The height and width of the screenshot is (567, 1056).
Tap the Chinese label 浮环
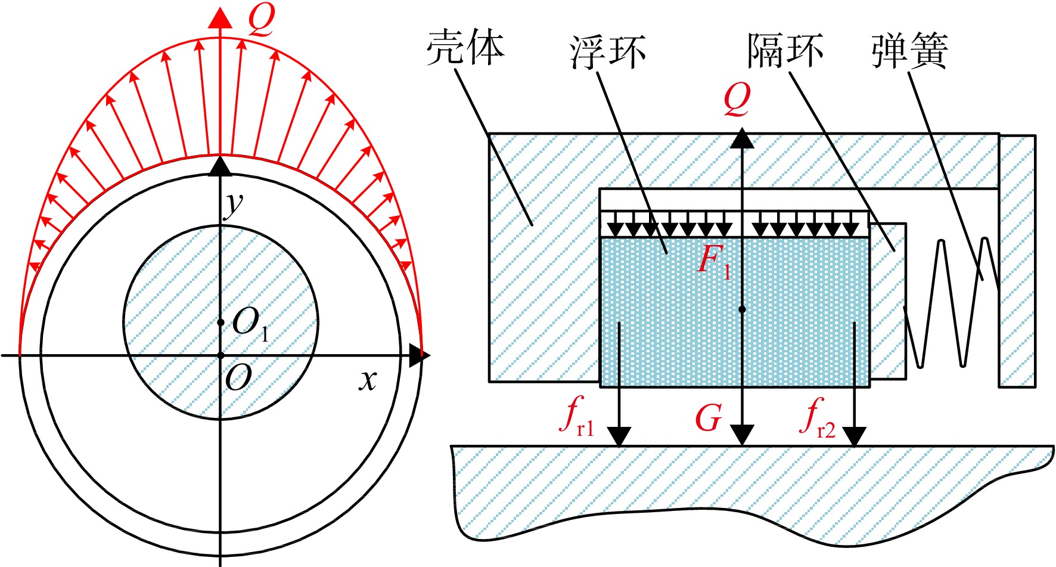(x=608, y=52)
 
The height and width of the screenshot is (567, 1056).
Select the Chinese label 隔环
(x=786, y=51)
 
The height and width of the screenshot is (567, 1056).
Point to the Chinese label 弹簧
(x=909, y=51)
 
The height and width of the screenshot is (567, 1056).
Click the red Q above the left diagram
(x=261, y=20)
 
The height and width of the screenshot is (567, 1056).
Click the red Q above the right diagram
(x=737, y=99)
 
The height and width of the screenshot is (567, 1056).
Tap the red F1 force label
(x=714, y=261)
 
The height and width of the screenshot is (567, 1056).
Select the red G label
(x=709, y=418)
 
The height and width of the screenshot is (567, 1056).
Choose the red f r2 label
(x=818, y=418)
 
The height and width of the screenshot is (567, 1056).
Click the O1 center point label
(x=250, y=325)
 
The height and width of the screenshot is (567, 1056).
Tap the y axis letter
(x=233, y=205)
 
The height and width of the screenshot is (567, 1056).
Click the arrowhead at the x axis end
(x=419, y=355)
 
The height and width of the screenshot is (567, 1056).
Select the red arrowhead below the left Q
(x=220, y=17)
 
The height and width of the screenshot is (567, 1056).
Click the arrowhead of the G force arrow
(x=742, y=435)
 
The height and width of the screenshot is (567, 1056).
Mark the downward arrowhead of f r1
(x=620, y=436)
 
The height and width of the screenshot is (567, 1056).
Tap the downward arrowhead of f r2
(x=854, y=436)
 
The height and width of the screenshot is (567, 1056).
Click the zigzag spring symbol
(x=951, y=302)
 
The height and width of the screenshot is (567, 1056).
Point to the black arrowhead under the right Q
(x=742, y=138)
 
